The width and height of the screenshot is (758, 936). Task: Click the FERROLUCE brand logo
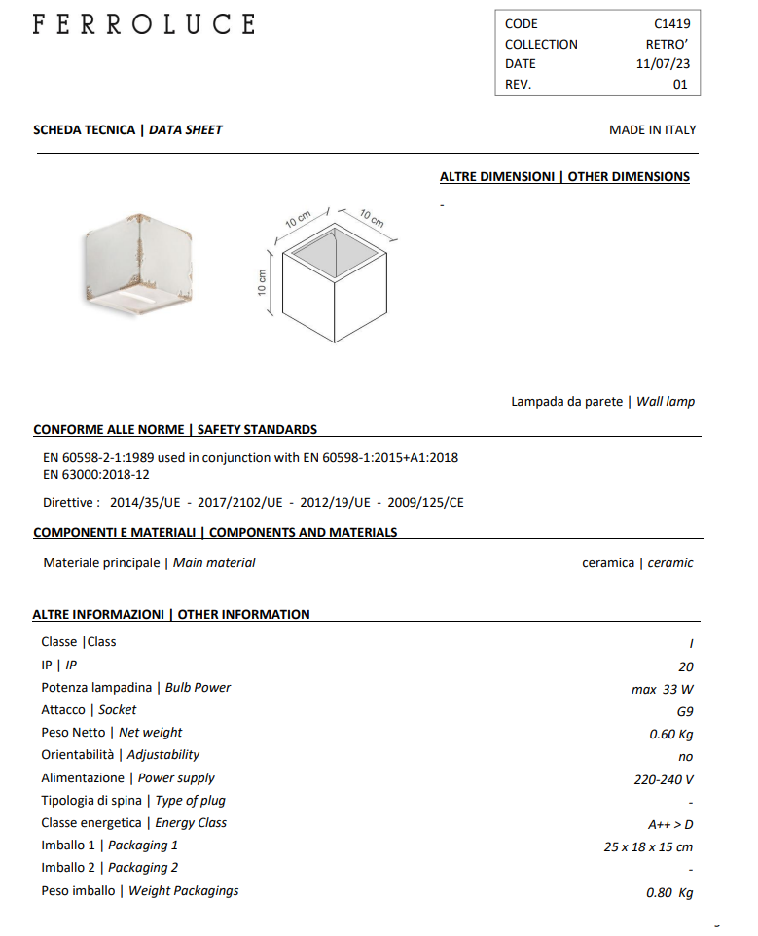pos(144,24)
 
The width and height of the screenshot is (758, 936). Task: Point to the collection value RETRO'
pos(667,44)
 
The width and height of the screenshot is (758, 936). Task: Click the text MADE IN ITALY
pos(652,129)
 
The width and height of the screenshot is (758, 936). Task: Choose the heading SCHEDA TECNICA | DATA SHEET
pos(127,129)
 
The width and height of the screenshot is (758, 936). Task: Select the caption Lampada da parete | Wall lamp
pos(602,401)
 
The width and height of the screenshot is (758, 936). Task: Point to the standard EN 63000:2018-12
pos(96,475)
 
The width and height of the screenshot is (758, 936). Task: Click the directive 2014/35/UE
pos(147,503)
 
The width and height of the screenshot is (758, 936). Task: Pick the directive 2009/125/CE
pos(425,503)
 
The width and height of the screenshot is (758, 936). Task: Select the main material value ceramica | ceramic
pos(637,563)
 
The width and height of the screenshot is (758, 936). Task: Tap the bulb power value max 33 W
pos(662,689)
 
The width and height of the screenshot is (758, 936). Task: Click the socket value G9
pos(684,711)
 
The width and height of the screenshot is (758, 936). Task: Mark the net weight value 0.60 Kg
pos(670,734)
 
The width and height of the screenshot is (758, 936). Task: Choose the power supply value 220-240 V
pos(663,779)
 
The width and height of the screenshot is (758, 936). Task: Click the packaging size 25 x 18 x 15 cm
pos(648,846)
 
